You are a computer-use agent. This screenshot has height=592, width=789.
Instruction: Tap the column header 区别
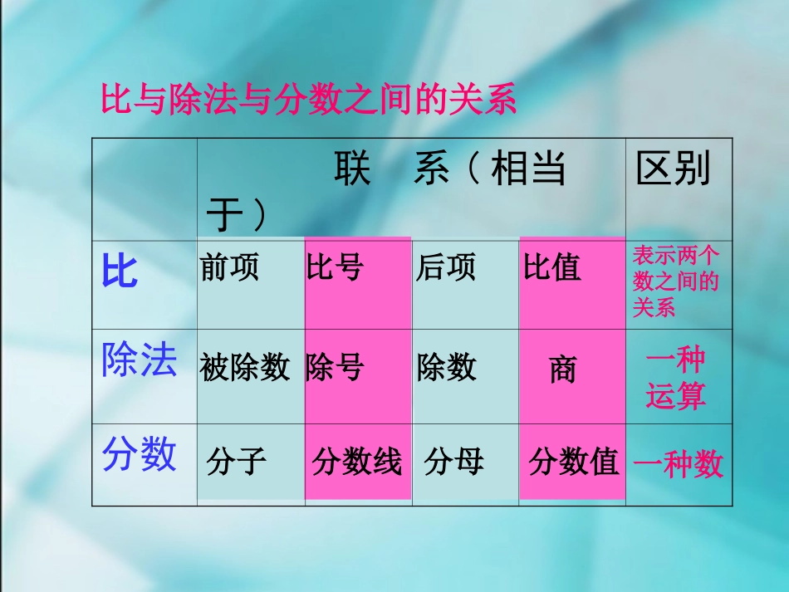coord(673,170)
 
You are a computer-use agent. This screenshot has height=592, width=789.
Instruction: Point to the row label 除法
coord(139,361)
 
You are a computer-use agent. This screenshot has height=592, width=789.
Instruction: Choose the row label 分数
coord(139,455)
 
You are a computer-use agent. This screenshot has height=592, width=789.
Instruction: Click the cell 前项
coord(229,267)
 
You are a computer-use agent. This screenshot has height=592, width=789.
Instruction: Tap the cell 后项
coord(446,267)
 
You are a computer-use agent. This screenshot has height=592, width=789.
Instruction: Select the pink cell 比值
coord(552,267)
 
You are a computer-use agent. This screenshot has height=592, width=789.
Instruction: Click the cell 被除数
coord(245,366)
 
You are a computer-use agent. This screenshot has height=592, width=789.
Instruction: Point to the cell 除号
coord(335,366)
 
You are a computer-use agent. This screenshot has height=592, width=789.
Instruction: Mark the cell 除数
coord(447,366)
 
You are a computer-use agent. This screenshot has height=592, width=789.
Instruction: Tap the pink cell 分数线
coord(357,462)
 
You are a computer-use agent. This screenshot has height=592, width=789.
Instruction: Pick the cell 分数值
coord(574,462)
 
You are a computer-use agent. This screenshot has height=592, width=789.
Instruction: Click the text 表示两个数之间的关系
coord(676,281)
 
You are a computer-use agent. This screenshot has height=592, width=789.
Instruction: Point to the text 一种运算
coord(676,379)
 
